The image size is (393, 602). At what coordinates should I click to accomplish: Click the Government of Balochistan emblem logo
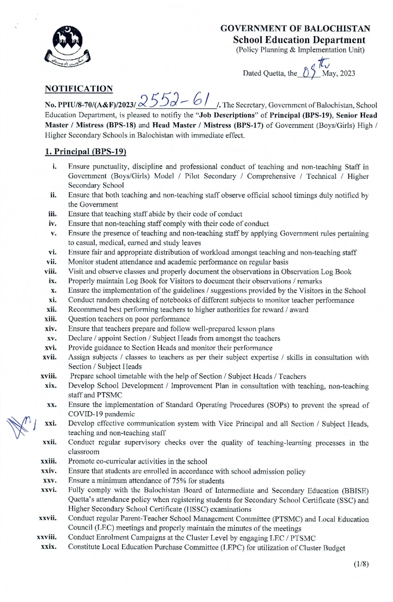click(x=67, y=46)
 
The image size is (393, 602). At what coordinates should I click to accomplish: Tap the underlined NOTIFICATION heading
click(x=79, y=89)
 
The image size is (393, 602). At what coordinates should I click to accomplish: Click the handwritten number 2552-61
click(x=175, y=100)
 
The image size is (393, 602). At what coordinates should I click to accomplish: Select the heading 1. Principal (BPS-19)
click(x=85, y=151)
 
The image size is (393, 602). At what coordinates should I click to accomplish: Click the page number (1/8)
click(x=361, y=564)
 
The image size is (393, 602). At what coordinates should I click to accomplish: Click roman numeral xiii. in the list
click(x=51, y=319)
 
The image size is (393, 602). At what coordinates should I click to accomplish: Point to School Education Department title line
click(x=299, y=40)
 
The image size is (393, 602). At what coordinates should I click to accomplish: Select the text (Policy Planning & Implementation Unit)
click(x=300, y=50)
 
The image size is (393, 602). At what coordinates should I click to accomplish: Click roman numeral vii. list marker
click(x=51, y=262)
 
